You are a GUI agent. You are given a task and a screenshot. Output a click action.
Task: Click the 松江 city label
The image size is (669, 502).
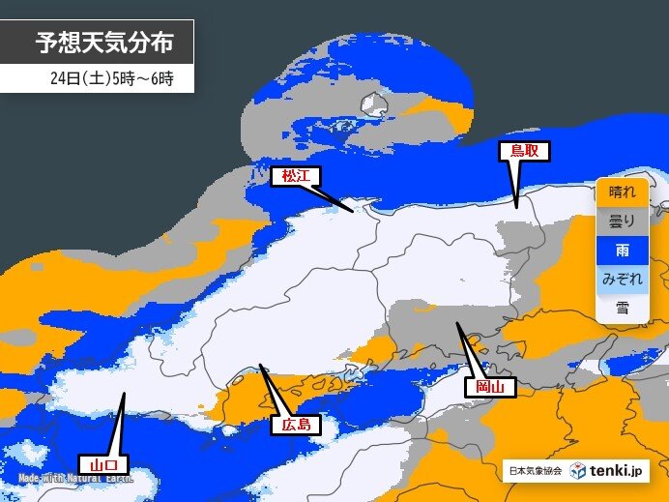[295, 176]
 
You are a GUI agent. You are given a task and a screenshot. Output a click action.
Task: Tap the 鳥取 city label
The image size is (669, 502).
[524, 151]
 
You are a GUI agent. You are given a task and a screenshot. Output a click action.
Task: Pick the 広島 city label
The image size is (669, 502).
[296, 425]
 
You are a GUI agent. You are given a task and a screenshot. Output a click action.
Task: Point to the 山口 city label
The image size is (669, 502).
[102, 462]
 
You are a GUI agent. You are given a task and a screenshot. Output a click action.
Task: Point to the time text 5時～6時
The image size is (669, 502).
[145, 78]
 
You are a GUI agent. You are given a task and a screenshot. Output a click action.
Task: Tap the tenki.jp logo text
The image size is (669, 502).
[617, 471]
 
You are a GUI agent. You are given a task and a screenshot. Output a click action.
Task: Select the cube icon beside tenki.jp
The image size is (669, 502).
[577, 471]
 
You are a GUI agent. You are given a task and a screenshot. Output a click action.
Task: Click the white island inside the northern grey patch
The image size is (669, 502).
[371, 102]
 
